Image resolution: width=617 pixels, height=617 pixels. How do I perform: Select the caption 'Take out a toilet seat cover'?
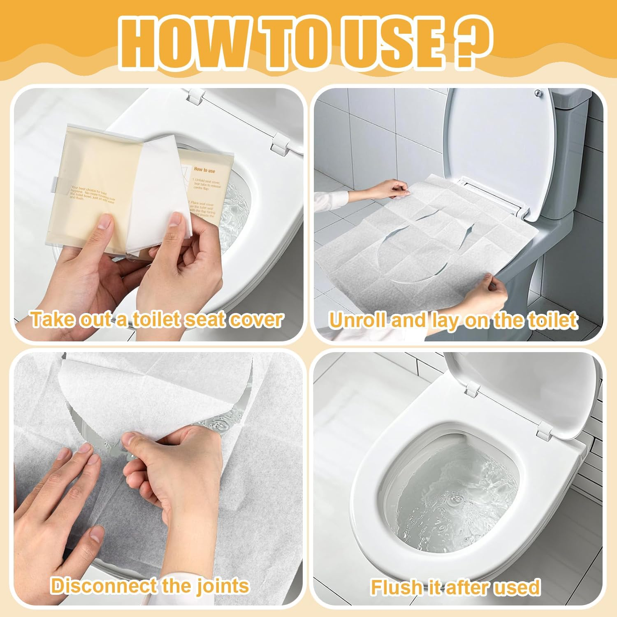(x=157, y=320)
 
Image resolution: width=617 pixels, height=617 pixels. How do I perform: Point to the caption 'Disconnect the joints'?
(x=150, y=585)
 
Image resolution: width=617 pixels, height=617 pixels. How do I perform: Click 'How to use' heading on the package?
(x=204, y=169)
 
